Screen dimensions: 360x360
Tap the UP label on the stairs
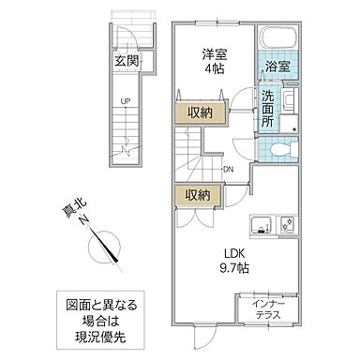coord(124,104)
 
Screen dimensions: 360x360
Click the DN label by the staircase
coord(228,169)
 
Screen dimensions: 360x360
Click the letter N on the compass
coord(84,222)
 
